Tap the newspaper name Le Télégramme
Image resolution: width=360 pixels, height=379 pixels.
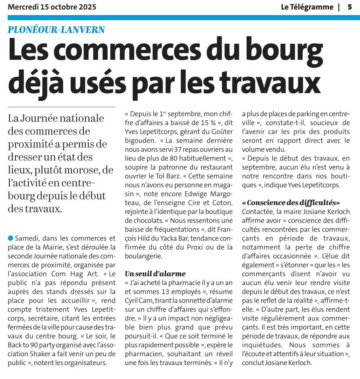tap(307, 7)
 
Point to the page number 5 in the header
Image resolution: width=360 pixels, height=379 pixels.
tap(350, 7)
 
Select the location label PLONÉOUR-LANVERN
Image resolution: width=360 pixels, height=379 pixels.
tap(57, 29)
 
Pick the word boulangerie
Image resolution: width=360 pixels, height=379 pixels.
tap(143, 255)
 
